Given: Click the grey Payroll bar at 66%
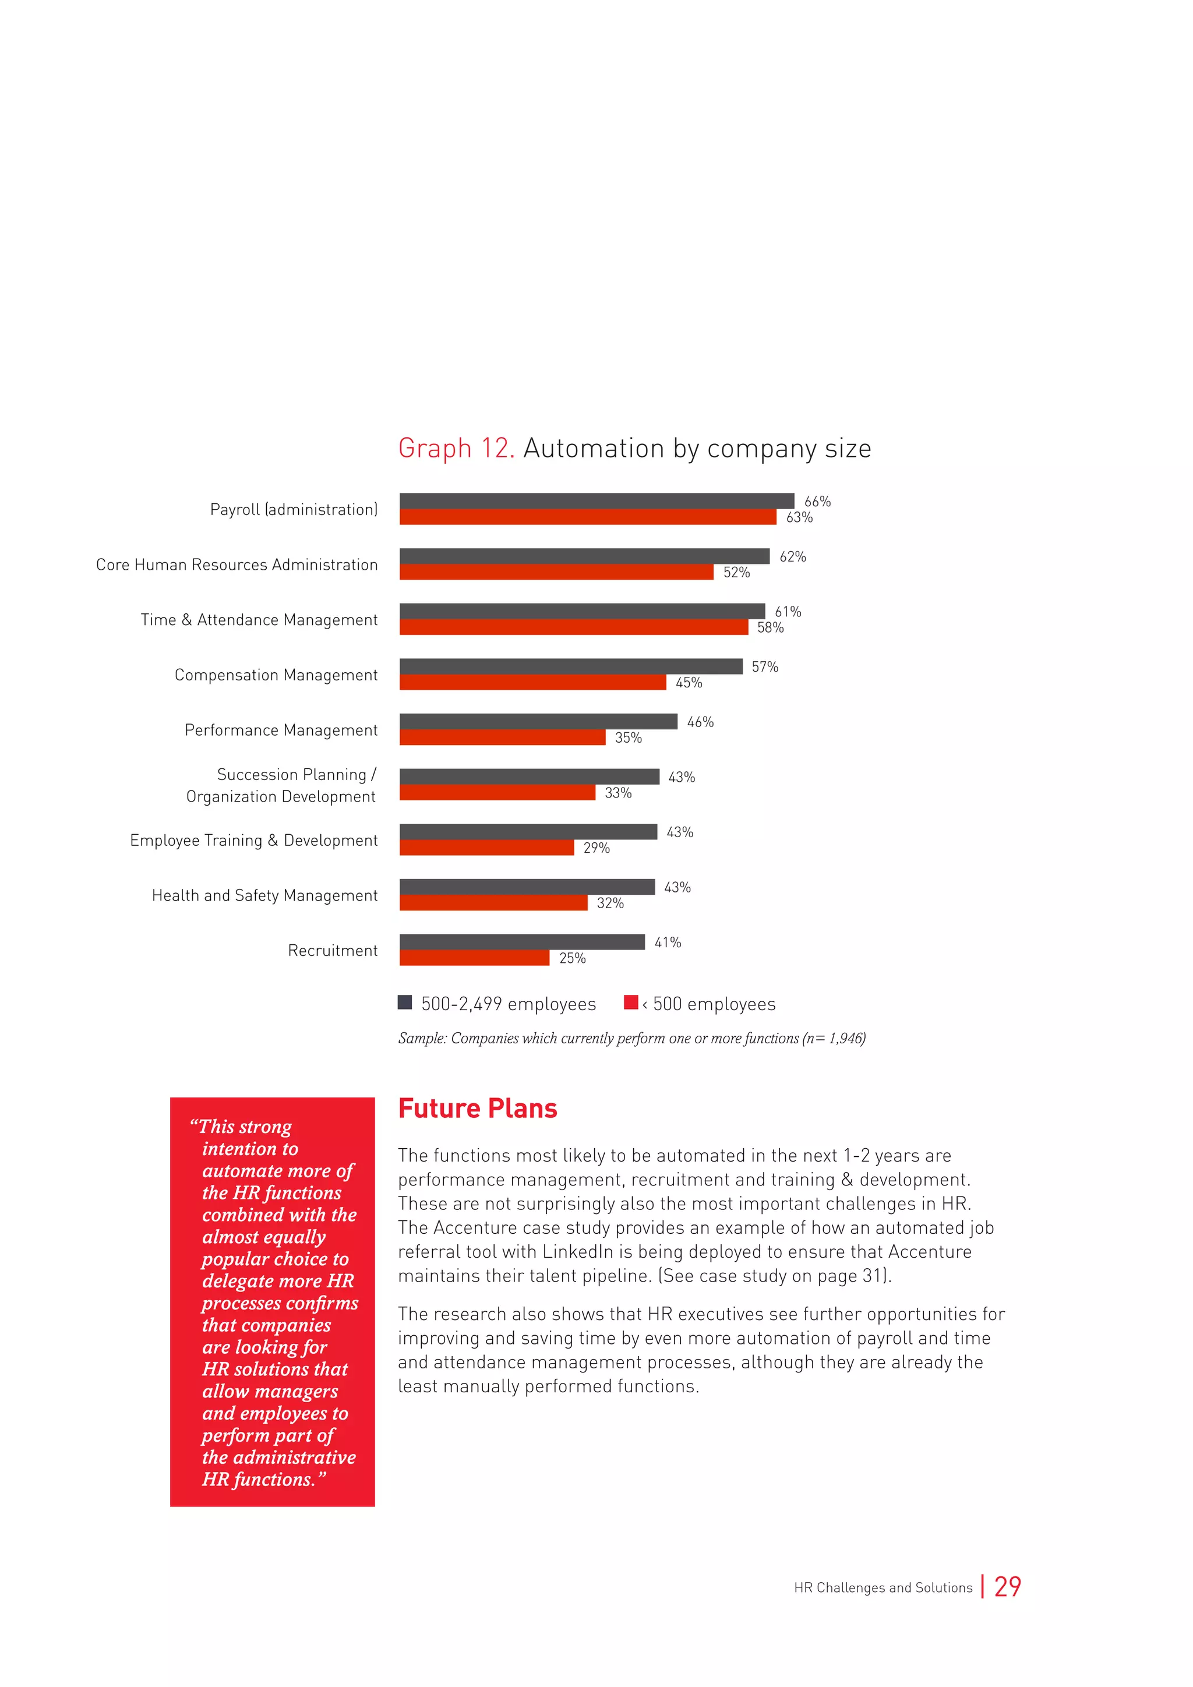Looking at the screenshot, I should [x=596, y=501].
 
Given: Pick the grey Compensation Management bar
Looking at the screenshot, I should [x=571, y=666].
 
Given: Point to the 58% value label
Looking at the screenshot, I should [x=771, y=627].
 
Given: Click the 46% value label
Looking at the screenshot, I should [x=700, y=722].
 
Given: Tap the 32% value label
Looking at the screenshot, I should [x=610, y=903].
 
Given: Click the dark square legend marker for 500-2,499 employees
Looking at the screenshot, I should [x=405, y=1002].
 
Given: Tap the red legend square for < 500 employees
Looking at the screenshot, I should [x=630, y=1002].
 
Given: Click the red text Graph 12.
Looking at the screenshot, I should [x=456, y=448].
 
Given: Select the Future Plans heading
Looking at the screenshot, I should [x=478, y=1108].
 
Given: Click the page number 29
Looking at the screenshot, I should [x=1007, y=1587].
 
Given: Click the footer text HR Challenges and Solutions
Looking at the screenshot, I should [x=883, y=1588].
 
